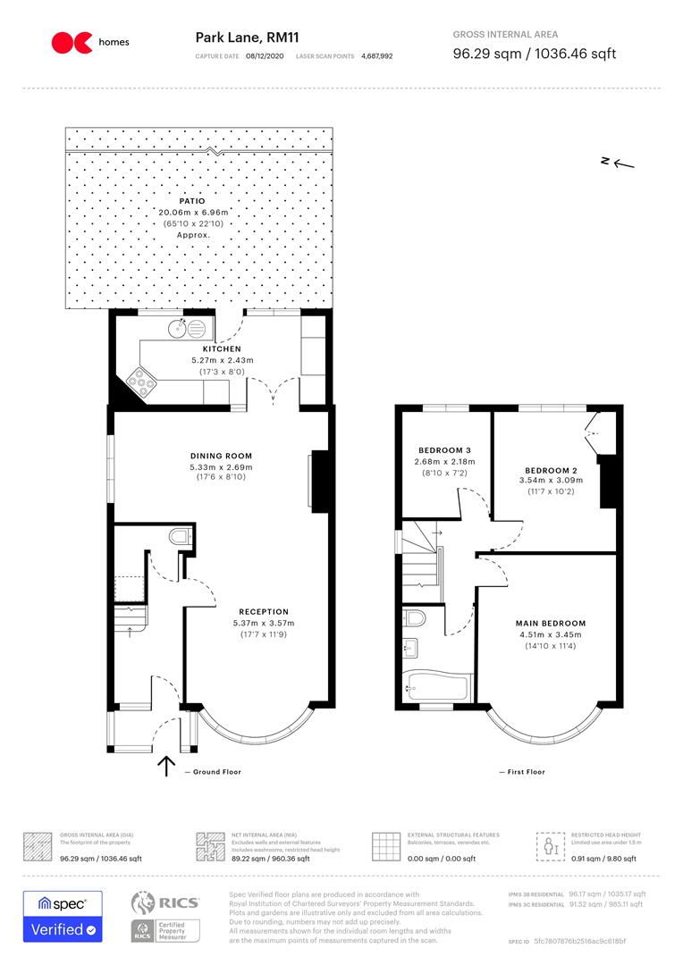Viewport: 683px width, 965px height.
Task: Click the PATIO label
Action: click(191, 201)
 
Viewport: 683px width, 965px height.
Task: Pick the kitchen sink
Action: click(182, 328)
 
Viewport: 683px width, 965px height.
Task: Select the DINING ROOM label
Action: click(221, 456)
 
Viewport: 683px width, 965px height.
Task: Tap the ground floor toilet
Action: click(179, 536)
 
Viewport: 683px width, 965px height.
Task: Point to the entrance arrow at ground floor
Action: click(165, 766)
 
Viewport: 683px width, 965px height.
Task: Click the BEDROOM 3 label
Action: click(444, 449)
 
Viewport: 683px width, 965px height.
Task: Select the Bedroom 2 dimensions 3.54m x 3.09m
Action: click(551, 480)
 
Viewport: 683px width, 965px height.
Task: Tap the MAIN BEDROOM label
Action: click(550, 623)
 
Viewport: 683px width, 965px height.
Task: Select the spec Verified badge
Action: click(63, 916)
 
